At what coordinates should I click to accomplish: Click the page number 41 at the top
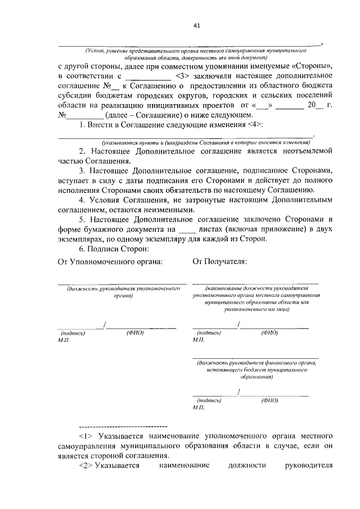tap(196, 25)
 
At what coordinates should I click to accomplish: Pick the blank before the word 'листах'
tap(185, 229)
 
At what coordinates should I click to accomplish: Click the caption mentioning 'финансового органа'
tap(255, 370)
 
